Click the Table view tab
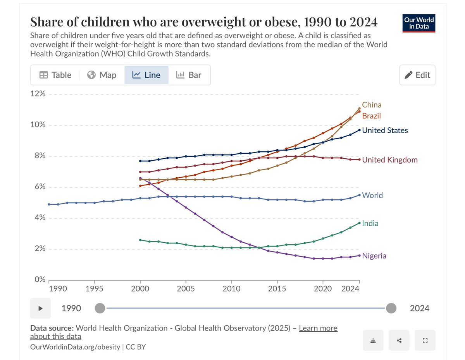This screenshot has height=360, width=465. click(55, 75)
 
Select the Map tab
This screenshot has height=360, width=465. click(102, 75)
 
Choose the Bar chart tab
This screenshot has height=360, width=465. click(189, 75)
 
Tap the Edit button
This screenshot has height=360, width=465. click(417, 75)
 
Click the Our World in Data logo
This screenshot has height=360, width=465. click(418, 23)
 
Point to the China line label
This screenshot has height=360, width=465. click(372, 105)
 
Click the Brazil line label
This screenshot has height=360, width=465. click(371, 116)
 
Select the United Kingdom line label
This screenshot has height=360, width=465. click(390, 160)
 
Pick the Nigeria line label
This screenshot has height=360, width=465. click(374, 255)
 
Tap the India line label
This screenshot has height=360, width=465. click(370, 223)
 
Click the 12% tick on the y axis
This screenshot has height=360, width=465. click(38, 94)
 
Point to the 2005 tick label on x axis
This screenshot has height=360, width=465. click(186, 289)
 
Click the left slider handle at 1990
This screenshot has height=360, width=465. click(100, 308)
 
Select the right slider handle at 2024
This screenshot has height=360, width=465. click(391, 308)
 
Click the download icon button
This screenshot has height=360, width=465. click(373, 340)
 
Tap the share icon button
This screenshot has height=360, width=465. click(399, 340)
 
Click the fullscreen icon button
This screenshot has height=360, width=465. click(425, 340)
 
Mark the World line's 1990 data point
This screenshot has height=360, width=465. click(49, 204)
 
